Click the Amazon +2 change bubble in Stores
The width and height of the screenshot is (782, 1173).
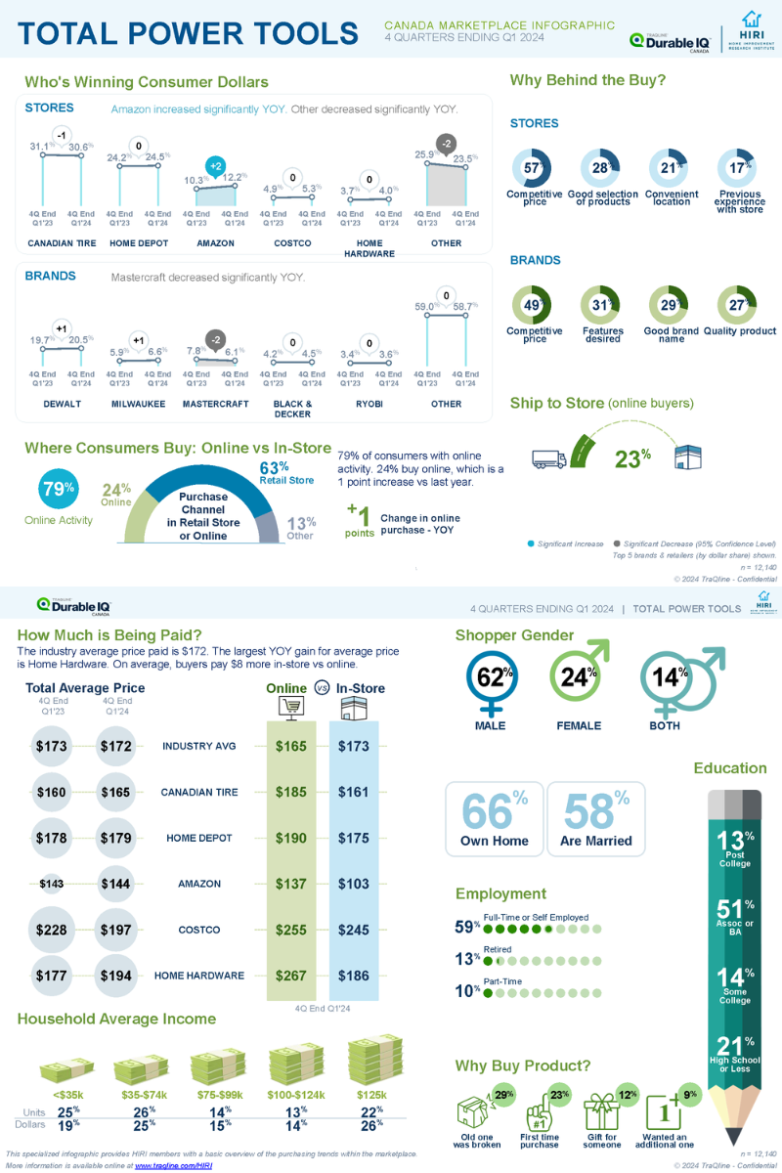point(216,165)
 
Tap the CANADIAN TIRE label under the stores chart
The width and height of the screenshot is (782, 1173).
point(62,243)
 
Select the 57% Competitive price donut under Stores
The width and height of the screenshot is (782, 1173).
point(534,168)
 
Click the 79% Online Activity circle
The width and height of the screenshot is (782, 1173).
point(58,488)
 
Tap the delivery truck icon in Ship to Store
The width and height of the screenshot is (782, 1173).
point(548,456)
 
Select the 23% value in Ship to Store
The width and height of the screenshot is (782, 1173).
point(632,457)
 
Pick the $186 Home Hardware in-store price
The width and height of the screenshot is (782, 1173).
point(353,976)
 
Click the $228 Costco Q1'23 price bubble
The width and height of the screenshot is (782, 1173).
point(51,930)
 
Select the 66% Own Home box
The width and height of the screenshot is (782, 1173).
point(495,818)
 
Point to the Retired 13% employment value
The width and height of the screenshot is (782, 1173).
point(467,960)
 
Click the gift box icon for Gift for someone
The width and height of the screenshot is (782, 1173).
point(601,1114)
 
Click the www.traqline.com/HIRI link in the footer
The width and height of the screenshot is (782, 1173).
point(173,1166)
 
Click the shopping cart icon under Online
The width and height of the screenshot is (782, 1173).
point(291,708)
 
